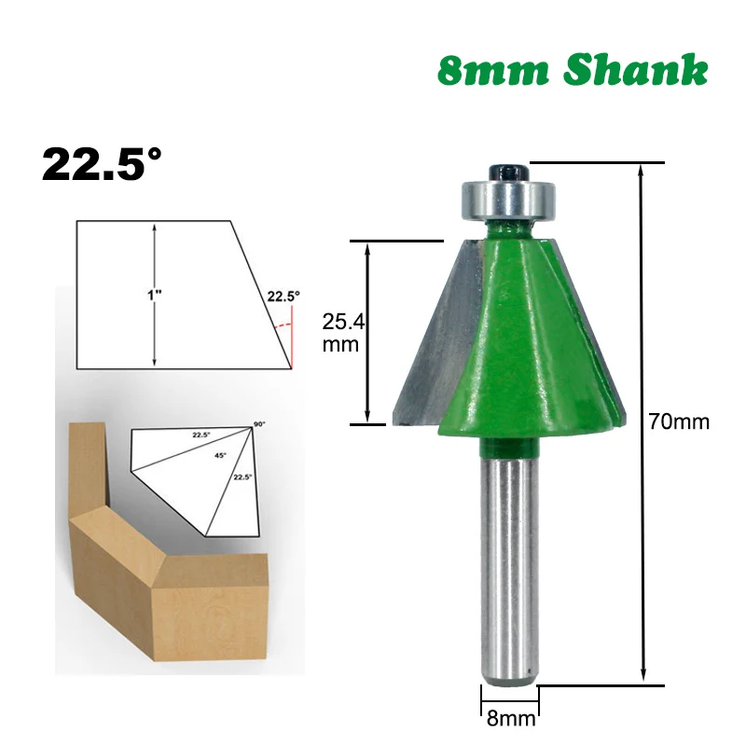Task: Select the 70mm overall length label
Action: pos(679,421)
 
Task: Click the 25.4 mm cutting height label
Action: pos(342,333)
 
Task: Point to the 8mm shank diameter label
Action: pos(510,719)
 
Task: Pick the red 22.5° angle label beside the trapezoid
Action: pos(283,297)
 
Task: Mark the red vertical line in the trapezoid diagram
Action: pos(290,345)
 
